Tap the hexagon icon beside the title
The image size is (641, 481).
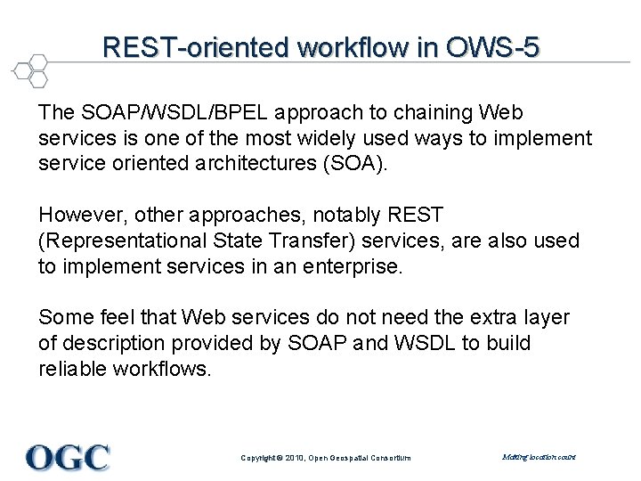point(31,70)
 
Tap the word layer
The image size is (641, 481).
point(547,318)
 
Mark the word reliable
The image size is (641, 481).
point(72,368)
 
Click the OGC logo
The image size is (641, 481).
point(69,457)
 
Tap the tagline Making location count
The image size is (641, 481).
point(539,457)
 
